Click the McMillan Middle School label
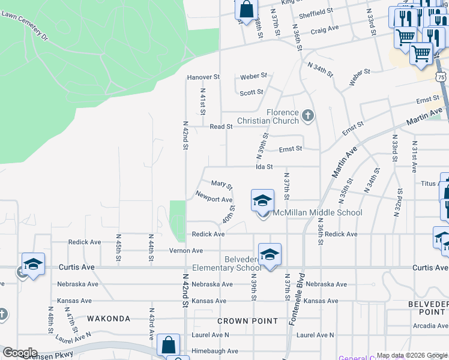[x=318, y=213]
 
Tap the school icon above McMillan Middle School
[x=262, y=200]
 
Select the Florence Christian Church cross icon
[x=308, y=115]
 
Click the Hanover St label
[x=203, y=77]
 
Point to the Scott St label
[x=252, y=92]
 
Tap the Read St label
[x=221, y=127]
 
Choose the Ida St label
[x=265, y=167]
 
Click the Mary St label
[x=221, y=185]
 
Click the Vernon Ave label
[x=186, y=250]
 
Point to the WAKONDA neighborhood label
[x=109, y=319]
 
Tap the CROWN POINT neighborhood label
[x=248, y=321]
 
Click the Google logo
[x=20, y=353]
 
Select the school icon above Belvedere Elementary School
[x=270, y=254]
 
